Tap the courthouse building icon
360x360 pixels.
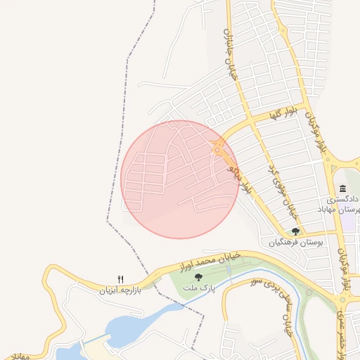[342, 188]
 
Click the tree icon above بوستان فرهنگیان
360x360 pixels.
[295, 231]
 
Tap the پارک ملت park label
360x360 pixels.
[198, 288]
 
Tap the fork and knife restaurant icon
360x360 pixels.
[120, 279]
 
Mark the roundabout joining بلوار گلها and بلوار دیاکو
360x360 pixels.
[219, 148]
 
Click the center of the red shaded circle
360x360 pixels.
[180, 179]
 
